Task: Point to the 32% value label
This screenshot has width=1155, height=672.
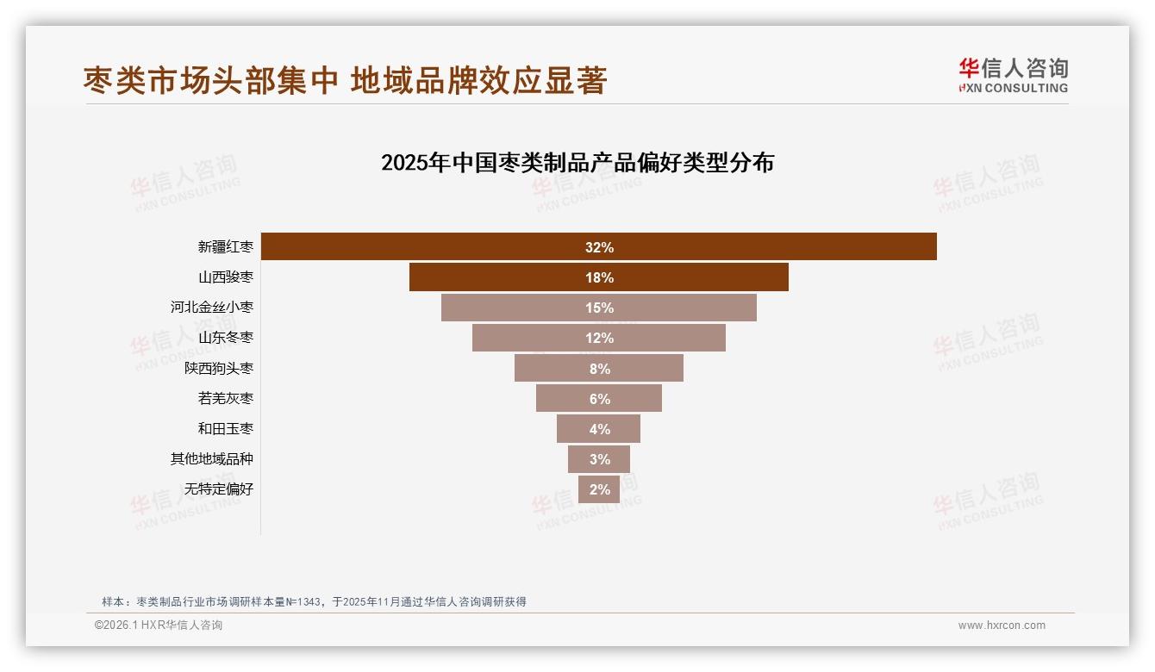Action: tap(599, 247)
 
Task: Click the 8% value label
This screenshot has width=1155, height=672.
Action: tap(599, 369)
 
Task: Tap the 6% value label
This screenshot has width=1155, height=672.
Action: tap(599, 399)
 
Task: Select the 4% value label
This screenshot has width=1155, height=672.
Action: tap(599, 429)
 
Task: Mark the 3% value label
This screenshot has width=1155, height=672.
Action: tap(599, 459)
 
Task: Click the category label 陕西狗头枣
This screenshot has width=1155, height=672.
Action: tap(219, 368)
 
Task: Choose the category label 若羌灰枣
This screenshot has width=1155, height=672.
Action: tap(226, 398)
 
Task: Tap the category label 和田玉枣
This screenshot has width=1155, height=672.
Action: tap(226, 428)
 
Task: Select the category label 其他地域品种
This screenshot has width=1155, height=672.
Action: tap(212, 458)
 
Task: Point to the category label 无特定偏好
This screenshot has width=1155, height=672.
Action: tap(219, 489)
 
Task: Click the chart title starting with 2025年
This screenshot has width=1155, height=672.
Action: tap(577, 163)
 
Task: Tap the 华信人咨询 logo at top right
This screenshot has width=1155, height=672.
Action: tap(1013, 75)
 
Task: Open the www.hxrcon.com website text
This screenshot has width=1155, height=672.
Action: tap(1002, 625)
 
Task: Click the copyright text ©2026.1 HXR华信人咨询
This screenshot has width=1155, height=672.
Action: tap(159, 625)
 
